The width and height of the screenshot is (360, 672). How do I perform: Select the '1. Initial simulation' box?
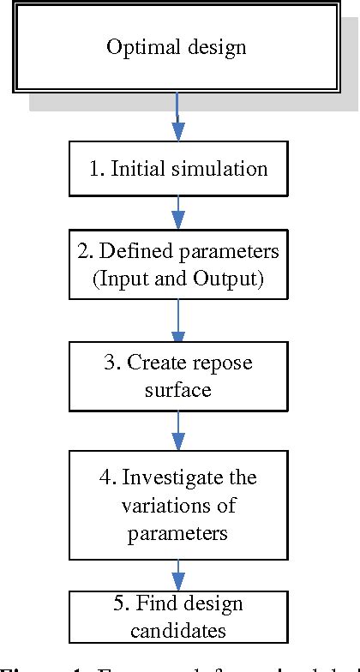point(178,168)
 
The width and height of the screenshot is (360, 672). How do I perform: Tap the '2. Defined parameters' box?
point(178,265)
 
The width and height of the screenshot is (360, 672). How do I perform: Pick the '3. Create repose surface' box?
point(178,375)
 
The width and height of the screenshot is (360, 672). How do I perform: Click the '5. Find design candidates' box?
point(178,617)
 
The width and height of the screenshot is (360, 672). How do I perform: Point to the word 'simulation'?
point(220,168)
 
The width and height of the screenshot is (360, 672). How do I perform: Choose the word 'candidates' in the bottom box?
point(178,632)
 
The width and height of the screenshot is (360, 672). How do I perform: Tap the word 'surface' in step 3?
point(178,389)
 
